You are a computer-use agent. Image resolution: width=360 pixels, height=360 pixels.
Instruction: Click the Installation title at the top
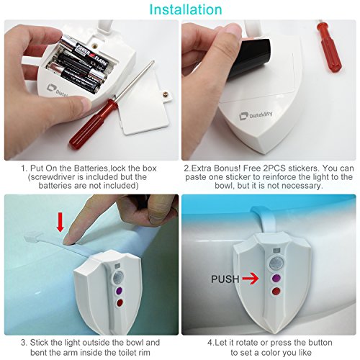pos(186,9)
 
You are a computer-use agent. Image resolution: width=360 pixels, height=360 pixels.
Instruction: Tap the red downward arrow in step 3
pos(60,222)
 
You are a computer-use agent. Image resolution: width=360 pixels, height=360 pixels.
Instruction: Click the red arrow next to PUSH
pos(250,279)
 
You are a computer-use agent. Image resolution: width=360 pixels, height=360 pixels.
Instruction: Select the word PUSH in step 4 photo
pos(225,279)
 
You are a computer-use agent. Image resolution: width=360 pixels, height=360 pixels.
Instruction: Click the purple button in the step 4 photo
pos(276,278)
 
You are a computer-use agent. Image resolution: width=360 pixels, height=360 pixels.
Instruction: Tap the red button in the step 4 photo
pos(276,292)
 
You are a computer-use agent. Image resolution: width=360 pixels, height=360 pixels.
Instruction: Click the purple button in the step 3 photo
pos(119,291)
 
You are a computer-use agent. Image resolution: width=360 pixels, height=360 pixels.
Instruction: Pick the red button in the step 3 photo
pos(120,302)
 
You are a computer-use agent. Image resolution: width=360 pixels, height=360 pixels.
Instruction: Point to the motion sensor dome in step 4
pos(276,264)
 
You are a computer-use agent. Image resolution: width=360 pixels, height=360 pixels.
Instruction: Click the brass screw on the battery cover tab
pos(166,94)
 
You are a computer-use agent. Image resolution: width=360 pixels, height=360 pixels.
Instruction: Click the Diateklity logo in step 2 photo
pos(256,115)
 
